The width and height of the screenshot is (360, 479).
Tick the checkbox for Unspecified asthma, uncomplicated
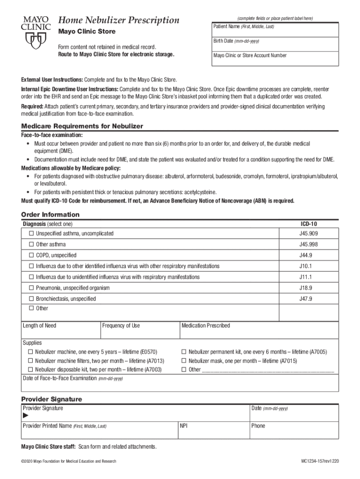pos(31,233)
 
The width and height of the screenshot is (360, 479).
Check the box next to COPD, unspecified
pos(31,255)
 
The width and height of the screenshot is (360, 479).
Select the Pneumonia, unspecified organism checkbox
pos(31,288)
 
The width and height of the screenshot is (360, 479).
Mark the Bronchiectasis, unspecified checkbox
pos(31,299)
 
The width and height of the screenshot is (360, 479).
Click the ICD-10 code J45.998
pos(309,245)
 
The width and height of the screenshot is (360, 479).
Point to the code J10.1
pos(306,266)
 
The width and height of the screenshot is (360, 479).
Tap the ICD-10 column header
pos(308,224)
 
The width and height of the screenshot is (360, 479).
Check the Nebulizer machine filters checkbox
pos(30,361)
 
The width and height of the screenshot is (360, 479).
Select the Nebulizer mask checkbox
pos(184,361)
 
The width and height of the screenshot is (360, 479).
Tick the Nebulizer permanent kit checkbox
pos(184,352)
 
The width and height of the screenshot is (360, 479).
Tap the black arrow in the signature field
pos(26,416)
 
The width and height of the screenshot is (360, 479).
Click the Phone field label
pos(258,426)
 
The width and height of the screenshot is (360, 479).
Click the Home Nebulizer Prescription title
pos(118,20)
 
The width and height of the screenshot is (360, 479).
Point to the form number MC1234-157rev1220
pos(320,461)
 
